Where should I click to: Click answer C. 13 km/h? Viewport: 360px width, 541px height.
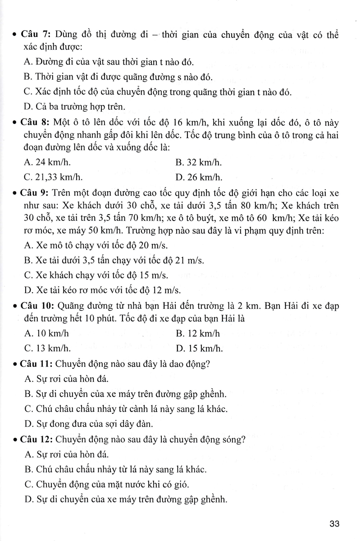(48, 348)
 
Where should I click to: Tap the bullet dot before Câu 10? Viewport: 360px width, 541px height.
(15, 307)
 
